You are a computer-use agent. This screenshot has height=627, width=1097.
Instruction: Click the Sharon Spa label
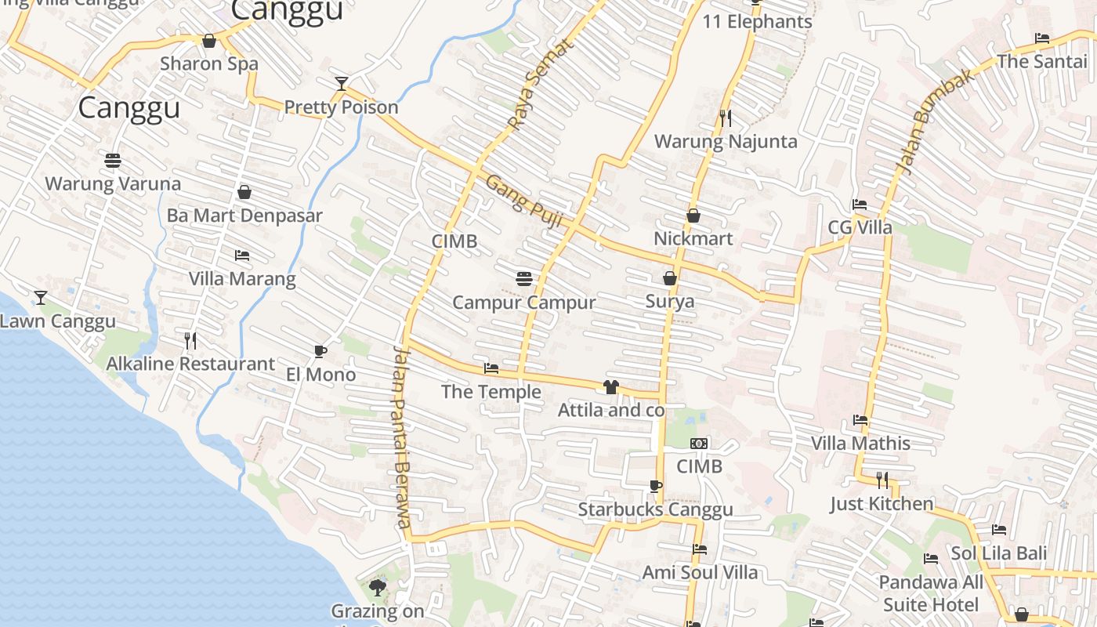pyautogui.click(x=208, y=63)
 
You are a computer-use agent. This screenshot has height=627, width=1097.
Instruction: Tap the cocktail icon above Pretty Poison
pyautogui.click(x=341, y=83)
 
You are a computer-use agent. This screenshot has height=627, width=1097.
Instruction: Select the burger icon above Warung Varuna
pyautogui.click(x=113, y=161)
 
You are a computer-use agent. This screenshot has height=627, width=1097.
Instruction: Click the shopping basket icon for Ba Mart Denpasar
pyautogui.click(x=244, y=191)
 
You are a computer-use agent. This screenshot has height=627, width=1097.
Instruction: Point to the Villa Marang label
pyautogui.click(x=242, y=278)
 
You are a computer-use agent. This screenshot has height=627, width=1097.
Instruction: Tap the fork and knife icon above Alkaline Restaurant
pyautogui.click(x=190, y=340)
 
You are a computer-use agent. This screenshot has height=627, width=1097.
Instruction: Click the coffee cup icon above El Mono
pyautogui.click(x=320, y=351)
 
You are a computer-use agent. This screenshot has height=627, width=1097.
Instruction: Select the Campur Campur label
pyautogui.click(x=524, y=303)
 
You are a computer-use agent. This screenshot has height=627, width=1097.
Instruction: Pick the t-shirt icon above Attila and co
pyautogui.click(x=611, y=386)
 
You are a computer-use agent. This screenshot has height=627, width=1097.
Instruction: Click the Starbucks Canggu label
pyautogui.click(x=656, y=509)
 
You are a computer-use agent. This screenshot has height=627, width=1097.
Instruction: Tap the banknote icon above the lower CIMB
pyautogui.click(x=699, y=444)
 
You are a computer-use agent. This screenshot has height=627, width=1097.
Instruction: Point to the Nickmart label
pyautogui.click(x=693, y=238)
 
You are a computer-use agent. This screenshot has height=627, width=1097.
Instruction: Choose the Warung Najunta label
pyautogui.click(x=726, y=142)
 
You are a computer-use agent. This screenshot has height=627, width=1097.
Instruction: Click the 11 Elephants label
pyautogui.click(x=757, y=21)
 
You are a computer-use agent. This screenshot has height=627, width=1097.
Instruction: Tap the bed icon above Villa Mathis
pyautogui.click(x=860, y=420)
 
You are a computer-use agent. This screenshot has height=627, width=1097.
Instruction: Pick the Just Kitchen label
pyautogui.click(x=882, y=503)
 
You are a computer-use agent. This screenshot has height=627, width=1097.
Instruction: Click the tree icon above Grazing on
pyautogui.click(x=378, y=587)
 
